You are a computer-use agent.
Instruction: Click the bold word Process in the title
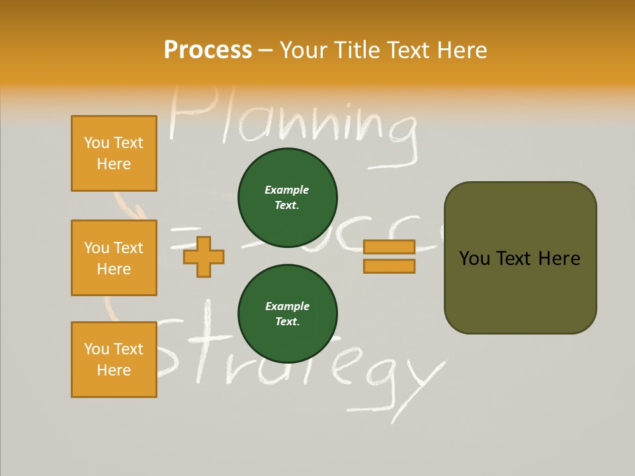tap(208, 50)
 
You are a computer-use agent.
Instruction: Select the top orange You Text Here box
tap(114, 153)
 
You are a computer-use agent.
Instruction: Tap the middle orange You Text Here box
tap(114, 258)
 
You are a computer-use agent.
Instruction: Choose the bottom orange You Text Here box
tap(114, 360)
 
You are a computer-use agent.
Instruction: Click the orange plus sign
tap(204, 257)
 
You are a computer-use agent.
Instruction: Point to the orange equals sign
tap(389, 257)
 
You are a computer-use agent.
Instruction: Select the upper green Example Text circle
tap(287, 198)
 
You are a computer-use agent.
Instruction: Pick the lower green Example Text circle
tap(287, 314)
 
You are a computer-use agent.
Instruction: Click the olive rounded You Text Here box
tap(520, 258)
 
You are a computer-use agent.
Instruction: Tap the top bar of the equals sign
tap(389, 247)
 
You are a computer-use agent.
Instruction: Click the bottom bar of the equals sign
tap(389, 266)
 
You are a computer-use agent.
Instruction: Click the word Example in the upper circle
tap(287, 190)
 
